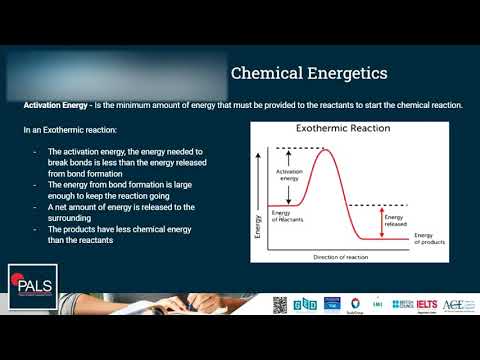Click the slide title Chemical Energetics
coord(309,73)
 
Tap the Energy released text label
coord(394,220)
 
